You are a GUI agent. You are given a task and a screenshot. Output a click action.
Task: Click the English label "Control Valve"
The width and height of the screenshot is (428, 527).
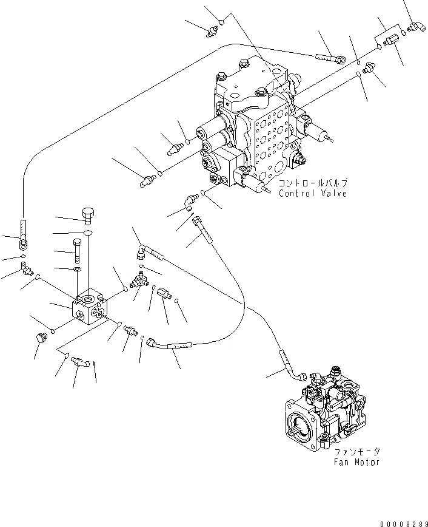(x=313, y=194)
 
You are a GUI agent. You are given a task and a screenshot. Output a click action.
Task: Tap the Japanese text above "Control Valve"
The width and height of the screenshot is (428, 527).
(x=313, y=183)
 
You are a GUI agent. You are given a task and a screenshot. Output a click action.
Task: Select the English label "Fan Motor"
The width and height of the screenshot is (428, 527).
(x=357, y=462)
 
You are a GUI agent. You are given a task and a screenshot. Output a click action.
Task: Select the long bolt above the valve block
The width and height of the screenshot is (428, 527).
(x=77, y=250)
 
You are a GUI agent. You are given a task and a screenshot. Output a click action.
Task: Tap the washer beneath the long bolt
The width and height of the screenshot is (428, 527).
(x=78, y=268)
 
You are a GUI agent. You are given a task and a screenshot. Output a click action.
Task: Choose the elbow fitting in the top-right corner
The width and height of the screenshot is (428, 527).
(x=416, y=25)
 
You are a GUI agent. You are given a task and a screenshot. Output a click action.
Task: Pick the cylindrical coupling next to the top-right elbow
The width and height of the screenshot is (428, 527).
(x=389, y=41)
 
